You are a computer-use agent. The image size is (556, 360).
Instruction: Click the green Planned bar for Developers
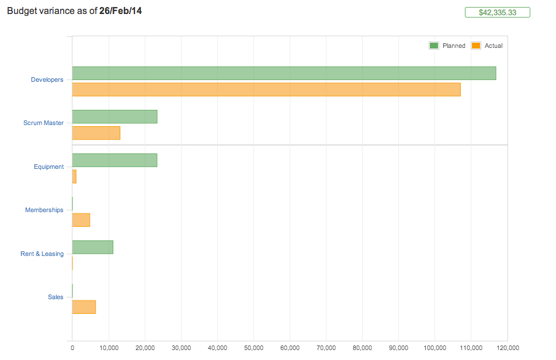[x=284, y=73]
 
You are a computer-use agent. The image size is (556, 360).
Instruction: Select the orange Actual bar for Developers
[x=266, y=89]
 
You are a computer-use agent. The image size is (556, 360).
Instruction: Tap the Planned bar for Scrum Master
[x=114, y=116]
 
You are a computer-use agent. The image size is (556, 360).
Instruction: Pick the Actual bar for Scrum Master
[x=96, y=133]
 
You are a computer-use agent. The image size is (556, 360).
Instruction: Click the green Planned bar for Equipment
[x=114, y=160]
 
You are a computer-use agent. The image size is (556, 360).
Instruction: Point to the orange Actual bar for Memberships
[x=81, y=220]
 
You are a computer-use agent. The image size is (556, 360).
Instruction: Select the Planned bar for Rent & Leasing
[x=92, y=247]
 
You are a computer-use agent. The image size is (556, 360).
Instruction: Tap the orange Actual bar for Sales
[x=84, y=307]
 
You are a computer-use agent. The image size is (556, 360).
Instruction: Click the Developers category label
[x=47, y=79]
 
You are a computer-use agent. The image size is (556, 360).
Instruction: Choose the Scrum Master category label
[x=44, y=123]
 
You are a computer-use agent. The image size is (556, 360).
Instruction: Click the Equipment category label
[x=48, y=167]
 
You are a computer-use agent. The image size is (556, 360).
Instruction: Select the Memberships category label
[x=44, y=210]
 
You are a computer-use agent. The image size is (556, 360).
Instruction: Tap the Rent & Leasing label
[x=42, y=254]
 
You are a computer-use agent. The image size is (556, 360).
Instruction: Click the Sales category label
[x=55, y=297]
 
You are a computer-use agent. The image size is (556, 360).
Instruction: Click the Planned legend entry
[x=448, y=46]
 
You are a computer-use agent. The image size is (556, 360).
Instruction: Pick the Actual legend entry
[x=487, y=46]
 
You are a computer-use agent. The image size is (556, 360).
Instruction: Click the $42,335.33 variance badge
[x=497, y=12]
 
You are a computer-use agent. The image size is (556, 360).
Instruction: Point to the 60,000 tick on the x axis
[x=290, y=348]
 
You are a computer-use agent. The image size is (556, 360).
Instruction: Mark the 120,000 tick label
[x=506, y=348]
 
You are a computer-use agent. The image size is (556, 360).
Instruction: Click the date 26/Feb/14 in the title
[x=120, y=11]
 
